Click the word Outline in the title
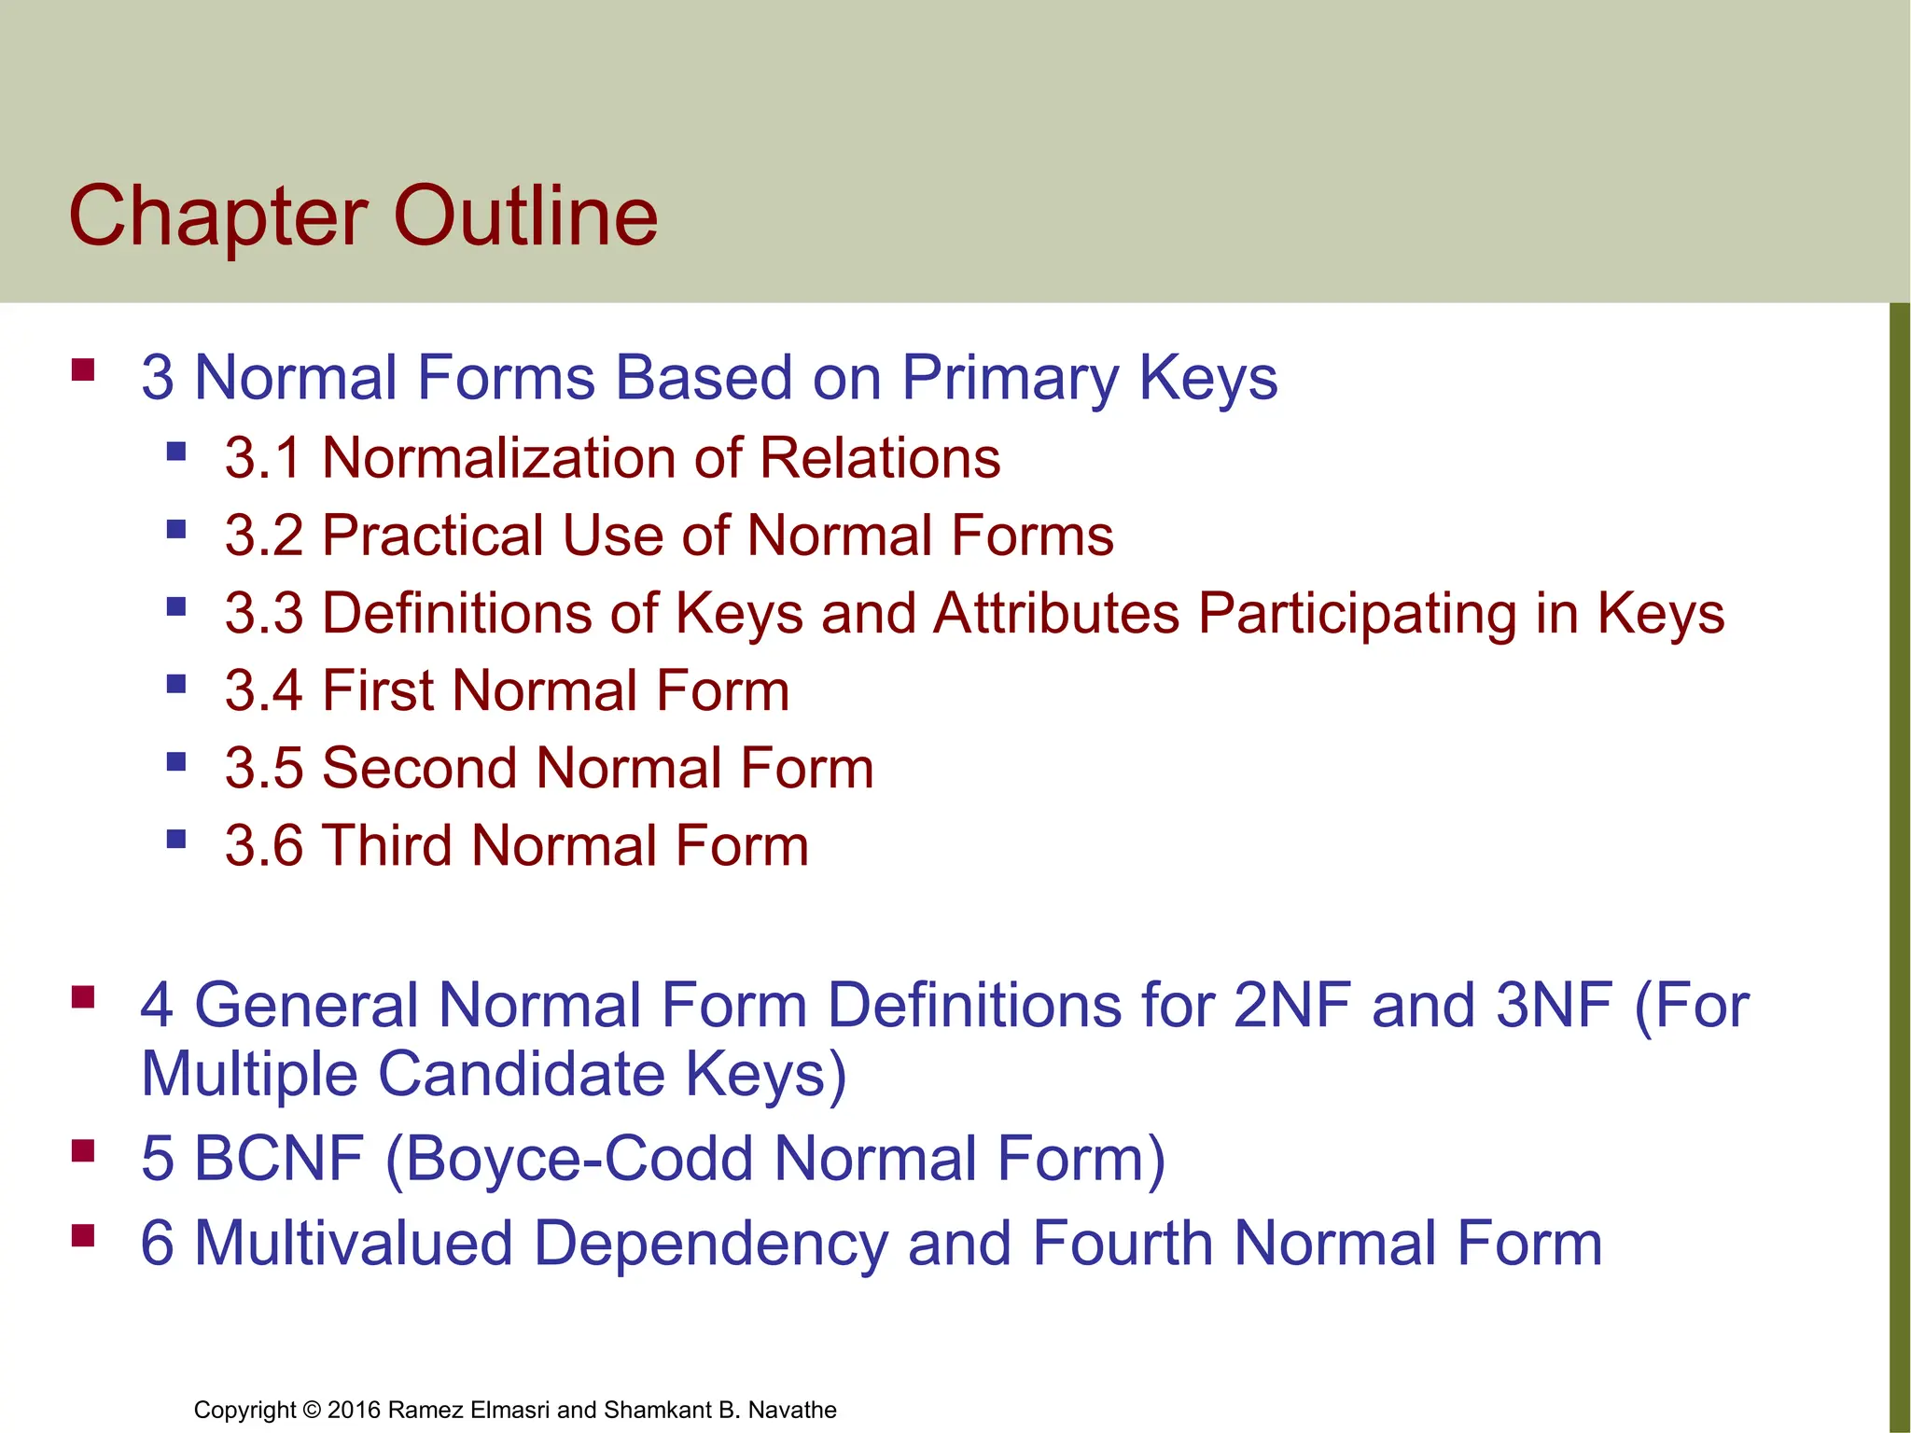click(529, 216)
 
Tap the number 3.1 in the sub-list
click(263, 459)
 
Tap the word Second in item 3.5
click(419, 769)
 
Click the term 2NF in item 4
click(1292, 1006)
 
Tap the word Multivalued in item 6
click(354, 1244)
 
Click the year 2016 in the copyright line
click(354, 1410)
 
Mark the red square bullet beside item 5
click(83, 1151)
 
